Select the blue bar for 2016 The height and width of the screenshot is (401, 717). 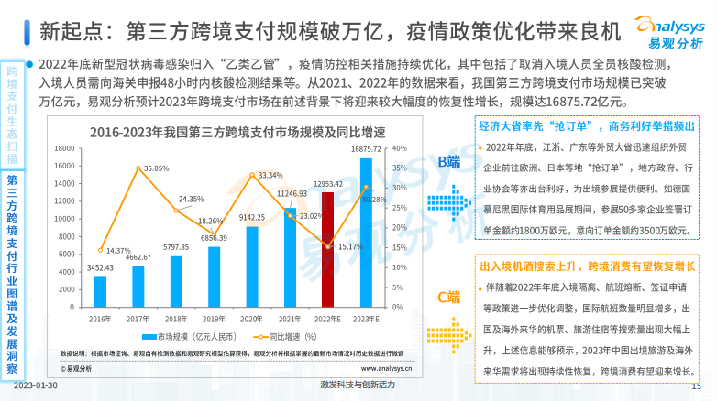(x=100, y=291)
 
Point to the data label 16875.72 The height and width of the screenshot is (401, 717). (x=367, y=148)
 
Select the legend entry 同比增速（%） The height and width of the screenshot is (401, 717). (x=281, y=338)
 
